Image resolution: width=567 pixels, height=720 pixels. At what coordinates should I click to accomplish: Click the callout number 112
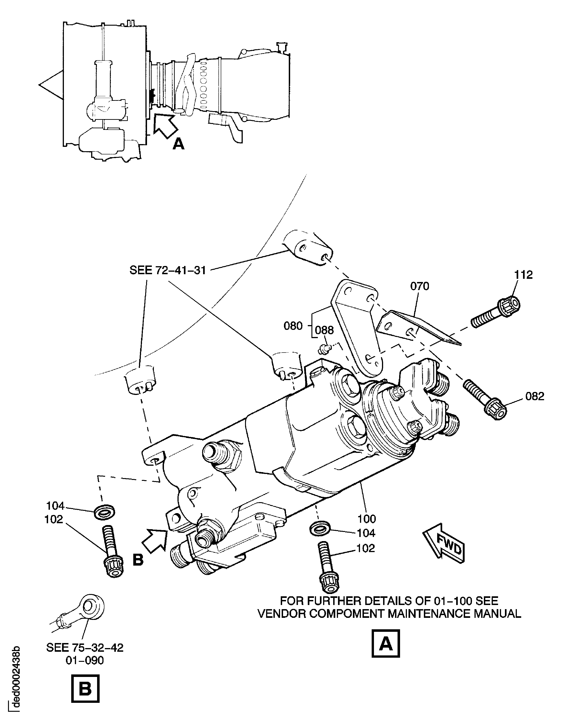pos(523,275)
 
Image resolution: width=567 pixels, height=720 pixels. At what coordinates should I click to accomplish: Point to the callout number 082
pos(535,396)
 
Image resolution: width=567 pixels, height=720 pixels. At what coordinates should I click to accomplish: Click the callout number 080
pos(293,326)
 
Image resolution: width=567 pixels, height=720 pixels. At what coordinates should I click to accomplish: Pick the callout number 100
pos(367,518)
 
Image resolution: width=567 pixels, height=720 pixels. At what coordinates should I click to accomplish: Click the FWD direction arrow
pos(444,543)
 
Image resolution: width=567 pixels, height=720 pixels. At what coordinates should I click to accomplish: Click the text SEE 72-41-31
pos(168,270)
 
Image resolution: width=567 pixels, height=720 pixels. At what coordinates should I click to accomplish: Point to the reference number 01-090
pos(85,660)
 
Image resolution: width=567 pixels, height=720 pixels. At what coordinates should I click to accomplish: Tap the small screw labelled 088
pos(322,349)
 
